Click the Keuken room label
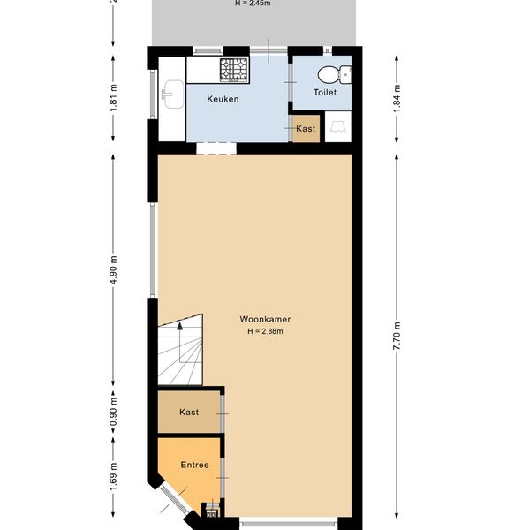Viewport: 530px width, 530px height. pos(223,99)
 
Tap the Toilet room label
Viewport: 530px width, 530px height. pos(325,92)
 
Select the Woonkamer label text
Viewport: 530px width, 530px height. pos(265,319)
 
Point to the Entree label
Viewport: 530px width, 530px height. pos(194,465)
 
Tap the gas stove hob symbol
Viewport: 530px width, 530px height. pos(234,70)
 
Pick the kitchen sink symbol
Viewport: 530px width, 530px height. pos(173,95)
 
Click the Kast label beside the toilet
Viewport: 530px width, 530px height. pos(306,128)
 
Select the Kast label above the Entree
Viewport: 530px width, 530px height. pos(189,412)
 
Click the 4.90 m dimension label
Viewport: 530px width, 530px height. pos(114,269)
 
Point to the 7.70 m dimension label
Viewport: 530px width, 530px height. pos(397,336)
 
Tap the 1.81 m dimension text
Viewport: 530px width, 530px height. pos(114,97)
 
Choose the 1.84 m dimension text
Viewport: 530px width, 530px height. pos(397,98)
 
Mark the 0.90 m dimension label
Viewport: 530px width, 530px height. pos(114,412)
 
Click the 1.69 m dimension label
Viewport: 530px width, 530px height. pos(114,477)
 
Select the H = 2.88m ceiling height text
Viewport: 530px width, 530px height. pos(265,331)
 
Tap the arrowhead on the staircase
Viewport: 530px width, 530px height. pos(180,326)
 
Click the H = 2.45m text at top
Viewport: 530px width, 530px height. pos(253,4)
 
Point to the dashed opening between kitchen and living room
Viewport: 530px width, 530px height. pos(216,148)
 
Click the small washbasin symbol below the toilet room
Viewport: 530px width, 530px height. pos(338,127)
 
